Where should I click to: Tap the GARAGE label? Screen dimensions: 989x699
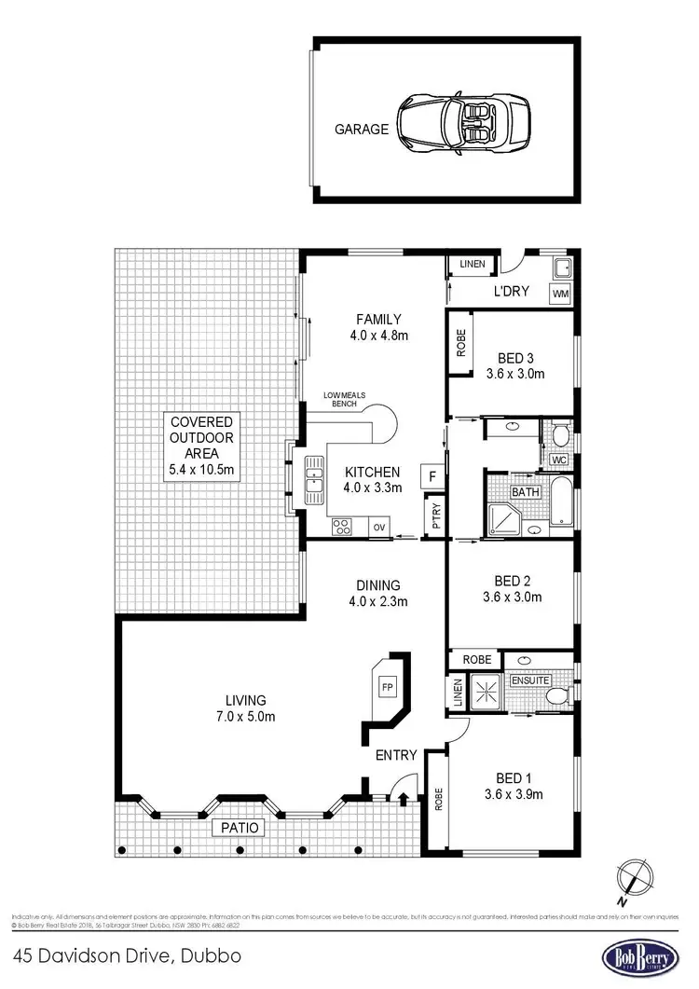(362, 130)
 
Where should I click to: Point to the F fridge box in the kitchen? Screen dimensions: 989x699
(432, 476)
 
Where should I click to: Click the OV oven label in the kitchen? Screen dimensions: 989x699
(379, 527)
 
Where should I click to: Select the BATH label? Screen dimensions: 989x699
(525, 491)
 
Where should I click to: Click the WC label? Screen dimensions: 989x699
(559, 460)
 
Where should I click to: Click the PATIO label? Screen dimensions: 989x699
(240, 827)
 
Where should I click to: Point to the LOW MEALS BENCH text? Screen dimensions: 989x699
(346, 399)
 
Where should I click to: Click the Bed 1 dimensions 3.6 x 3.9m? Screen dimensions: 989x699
(514, 794)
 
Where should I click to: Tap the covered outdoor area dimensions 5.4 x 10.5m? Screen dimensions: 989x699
(201, 471)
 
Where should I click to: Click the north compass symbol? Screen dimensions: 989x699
(636, 878)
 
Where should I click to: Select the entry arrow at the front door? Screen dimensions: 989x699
(403, 798)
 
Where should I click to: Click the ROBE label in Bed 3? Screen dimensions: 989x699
(460, 344)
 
